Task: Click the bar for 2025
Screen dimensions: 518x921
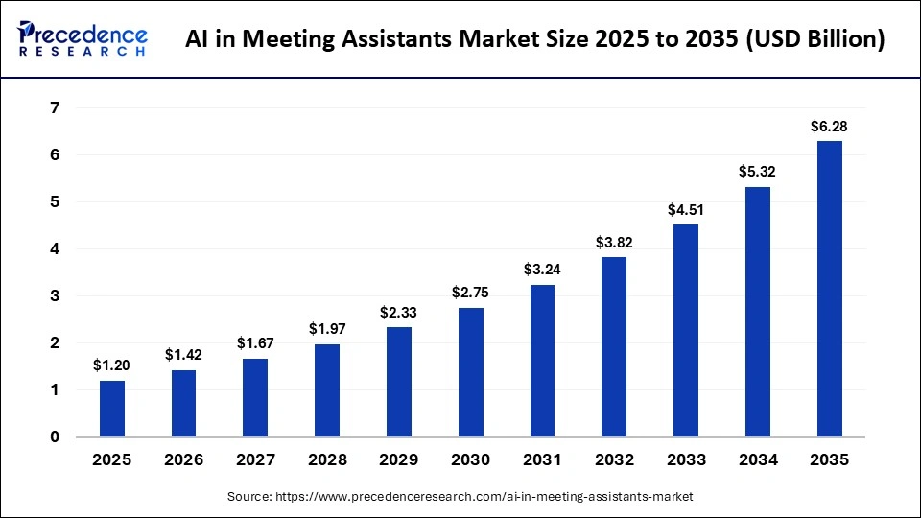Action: coord(111,409)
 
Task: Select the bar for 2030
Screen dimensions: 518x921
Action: coord(470,372)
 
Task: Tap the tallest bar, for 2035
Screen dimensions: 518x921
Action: coord(829,289)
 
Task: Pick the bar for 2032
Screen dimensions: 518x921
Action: coord(614,346)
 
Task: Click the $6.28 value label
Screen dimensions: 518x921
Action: coord(829,127)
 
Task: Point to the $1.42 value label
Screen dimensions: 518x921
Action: coord(183,355)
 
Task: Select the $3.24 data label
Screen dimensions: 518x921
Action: coord(542,270)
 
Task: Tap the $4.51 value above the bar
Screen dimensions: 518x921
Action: coord(686,210)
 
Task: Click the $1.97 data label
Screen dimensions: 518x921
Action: coord(327,329)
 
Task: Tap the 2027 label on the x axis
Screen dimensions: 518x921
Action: coord(255,460)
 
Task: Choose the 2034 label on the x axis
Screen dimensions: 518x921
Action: coord(757,460)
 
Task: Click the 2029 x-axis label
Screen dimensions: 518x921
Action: coord(398,460)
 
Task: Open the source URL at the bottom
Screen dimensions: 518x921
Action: coord(460,497)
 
